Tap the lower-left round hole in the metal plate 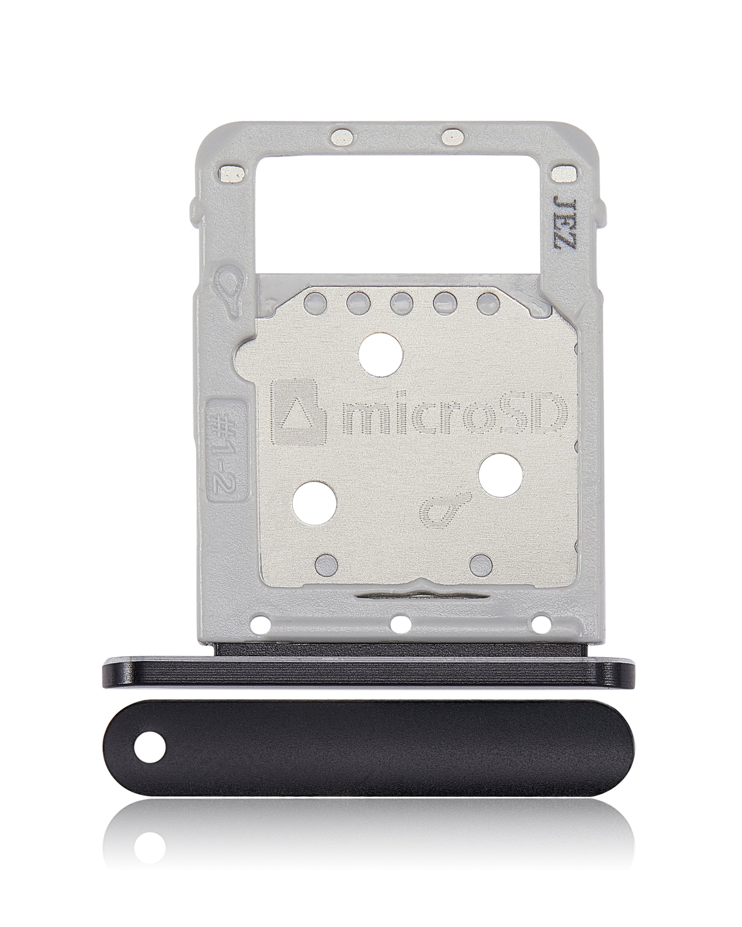314,503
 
